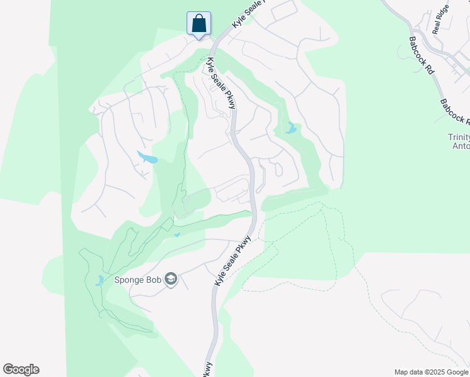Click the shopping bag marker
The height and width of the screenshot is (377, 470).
click(x=199, y=24)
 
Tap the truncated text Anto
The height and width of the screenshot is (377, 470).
click(x=461, y=146)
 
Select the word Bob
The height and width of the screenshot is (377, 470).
click(x=153, y=280)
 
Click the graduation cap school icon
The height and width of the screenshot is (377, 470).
click(x=171, y=279)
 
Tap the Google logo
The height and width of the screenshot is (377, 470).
click(x=21, y=369)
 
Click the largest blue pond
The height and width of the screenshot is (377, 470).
click(x=148, y=157)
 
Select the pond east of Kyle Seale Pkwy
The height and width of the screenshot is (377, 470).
click(x=290, y=129)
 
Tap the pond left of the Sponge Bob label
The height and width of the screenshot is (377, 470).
click(x=99, y=280)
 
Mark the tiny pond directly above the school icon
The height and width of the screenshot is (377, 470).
click(x=177, y=235)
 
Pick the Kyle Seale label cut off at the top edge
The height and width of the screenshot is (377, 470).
click(x=248, y=14)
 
